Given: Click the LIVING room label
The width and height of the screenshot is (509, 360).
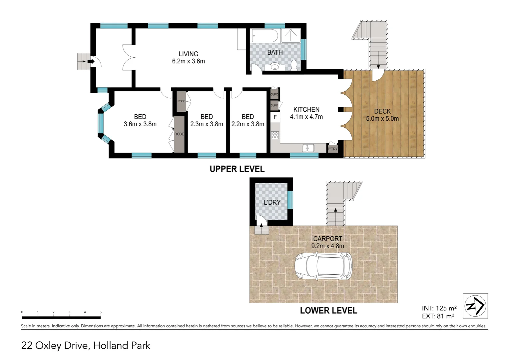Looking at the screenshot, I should (x=188, y=54).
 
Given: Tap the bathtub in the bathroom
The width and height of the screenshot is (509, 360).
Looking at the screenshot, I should (x=264, y=35).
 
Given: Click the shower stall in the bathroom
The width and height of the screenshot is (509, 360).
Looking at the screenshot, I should (x=290, y=35).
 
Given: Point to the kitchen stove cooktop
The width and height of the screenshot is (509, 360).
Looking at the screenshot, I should (x=275, y=135).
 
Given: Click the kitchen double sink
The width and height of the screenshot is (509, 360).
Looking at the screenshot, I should (x=308, y=148).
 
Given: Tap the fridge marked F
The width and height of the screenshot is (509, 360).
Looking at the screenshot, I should (x=275, y=117).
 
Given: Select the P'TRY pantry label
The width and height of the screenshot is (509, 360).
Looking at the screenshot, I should (x=332, y=149).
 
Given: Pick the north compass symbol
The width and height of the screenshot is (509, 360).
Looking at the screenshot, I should (x=475, y=306).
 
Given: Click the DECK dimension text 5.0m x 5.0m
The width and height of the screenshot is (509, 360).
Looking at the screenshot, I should (x=382, y=119).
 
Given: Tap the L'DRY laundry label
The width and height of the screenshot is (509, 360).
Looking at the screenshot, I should (x=272, y=202).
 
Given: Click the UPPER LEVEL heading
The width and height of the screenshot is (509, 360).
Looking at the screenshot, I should (x=237, y=169).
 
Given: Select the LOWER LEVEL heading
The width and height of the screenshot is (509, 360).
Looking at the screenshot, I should (x=328, y=311).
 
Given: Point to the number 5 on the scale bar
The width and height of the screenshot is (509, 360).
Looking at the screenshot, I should (x=100, y=312).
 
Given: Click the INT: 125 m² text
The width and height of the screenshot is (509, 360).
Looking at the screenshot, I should (x=439, y=308).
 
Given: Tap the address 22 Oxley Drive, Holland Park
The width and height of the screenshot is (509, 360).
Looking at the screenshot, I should (x=86, y=345).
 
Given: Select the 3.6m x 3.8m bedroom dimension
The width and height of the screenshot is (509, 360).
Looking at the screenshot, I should (x=140, y=124).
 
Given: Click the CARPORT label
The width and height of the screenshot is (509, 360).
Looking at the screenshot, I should (x=327, y=239).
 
